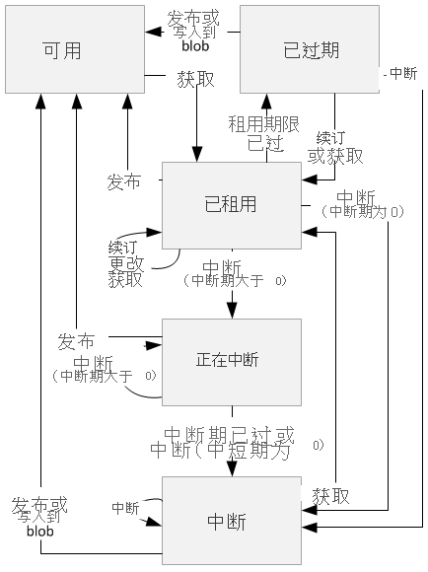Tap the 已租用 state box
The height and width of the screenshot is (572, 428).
click(230, 204)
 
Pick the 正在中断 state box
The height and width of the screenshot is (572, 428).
click(230, 360)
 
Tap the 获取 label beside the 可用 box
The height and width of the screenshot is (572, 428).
click(196, 78)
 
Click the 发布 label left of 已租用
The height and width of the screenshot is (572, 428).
click(123, 182)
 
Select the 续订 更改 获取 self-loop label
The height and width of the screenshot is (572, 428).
click(125, 262)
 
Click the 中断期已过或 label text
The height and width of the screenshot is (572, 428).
click(228, 435)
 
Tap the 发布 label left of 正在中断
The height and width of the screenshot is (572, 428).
click(76, 342)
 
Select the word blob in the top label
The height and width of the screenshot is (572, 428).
click(195, 45)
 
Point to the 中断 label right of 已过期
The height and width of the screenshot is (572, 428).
click(402, 74)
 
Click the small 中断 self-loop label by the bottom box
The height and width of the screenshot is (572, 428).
click(125, 508)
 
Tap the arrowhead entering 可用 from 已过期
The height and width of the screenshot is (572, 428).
click(152, 32)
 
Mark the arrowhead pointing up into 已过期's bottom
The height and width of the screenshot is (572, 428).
click(266, 100)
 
